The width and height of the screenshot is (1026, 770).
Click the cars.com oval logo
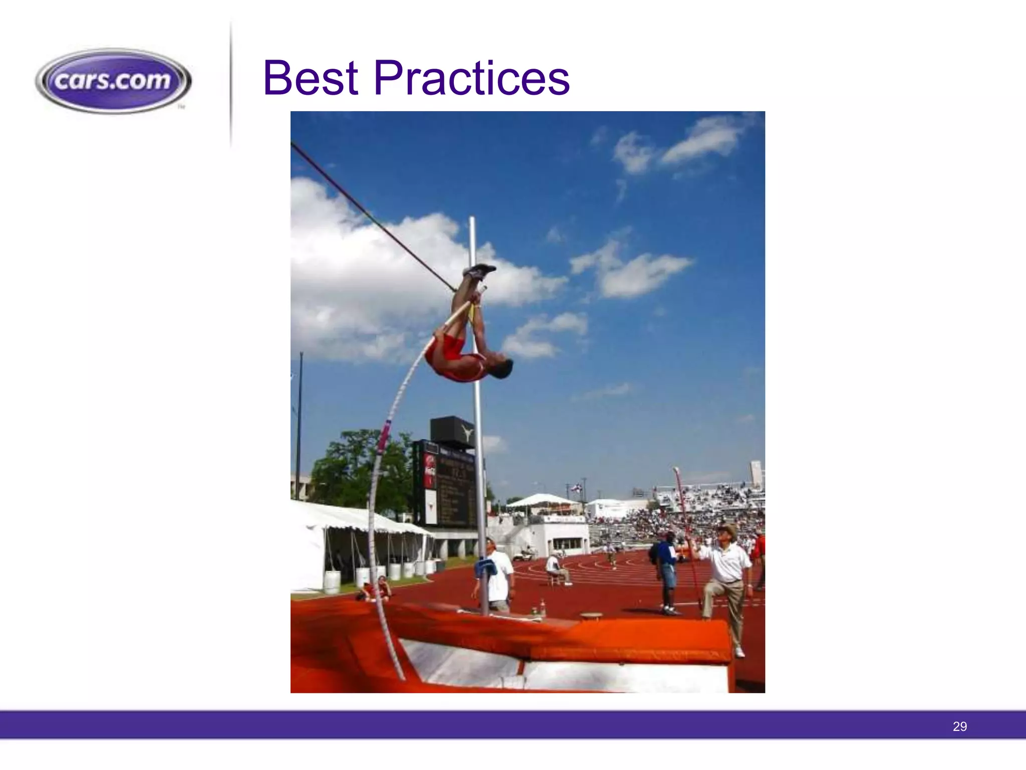[113, 80]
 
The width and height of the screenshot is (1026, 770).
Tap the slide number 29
[959, 726]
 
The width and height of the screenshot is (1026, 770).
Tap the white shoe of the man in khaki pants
[739, 652]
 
